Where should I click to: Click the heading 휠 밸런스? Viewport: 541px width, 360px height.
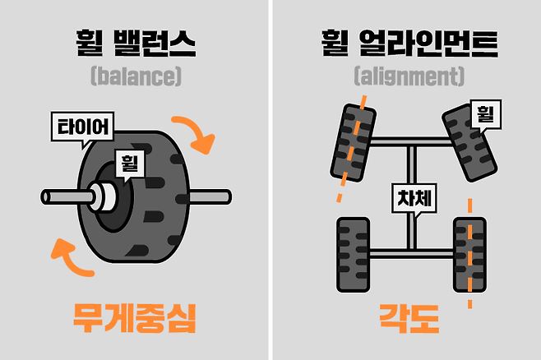tap(135, 42)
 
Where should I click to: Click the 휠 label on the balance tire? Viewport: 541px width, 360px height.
tap(130, 162)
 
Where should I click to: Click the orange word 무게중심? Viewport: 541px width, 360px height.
tap(135, 317)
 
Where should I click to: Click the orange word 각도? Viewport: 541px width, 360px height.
tap(409, 317)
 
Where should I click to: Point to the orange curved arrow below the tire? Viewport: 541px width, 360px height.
tap(72, 255)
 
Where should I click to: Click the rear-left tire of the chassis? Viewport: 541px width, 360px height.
tap(351, 255)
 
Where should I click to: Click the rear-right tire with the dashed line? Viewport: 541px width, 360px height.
tap(469, 255)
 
